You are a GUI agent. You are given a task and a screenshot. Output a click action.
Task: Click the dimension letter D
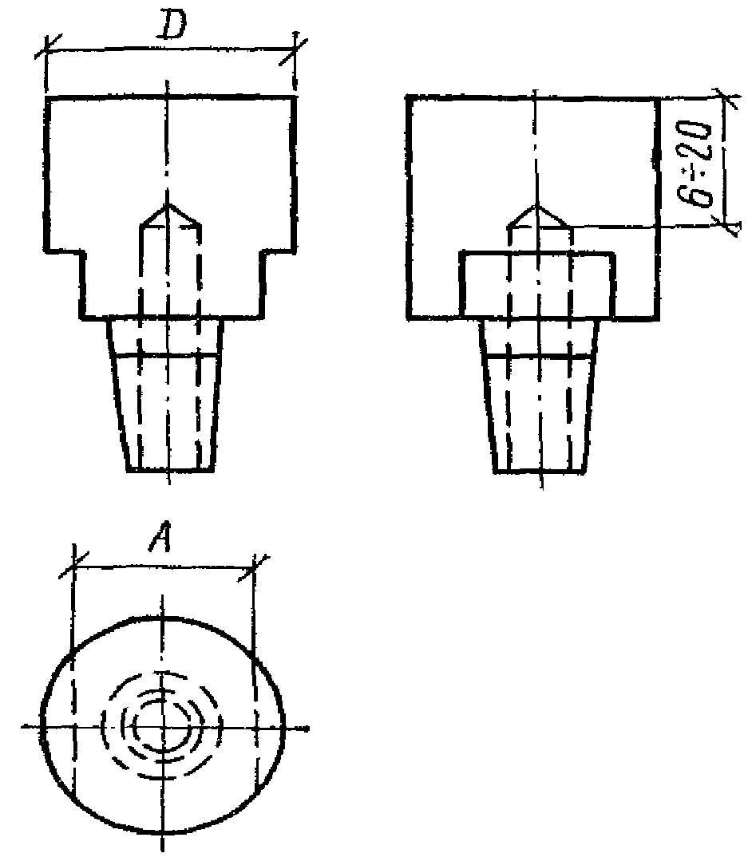pos(172,26)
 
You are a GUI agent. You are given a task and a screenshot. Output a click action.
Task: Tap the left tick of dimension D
pos(47,50)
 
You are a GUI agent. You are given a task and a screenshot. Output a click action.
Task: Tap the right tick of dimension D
pos(294,50)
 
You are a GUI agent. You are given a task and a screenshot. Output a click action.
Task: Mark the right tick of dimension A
pos(254,568)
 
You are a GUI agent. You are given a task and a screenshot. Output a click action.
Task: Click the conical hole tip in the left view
pos(168,204)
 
